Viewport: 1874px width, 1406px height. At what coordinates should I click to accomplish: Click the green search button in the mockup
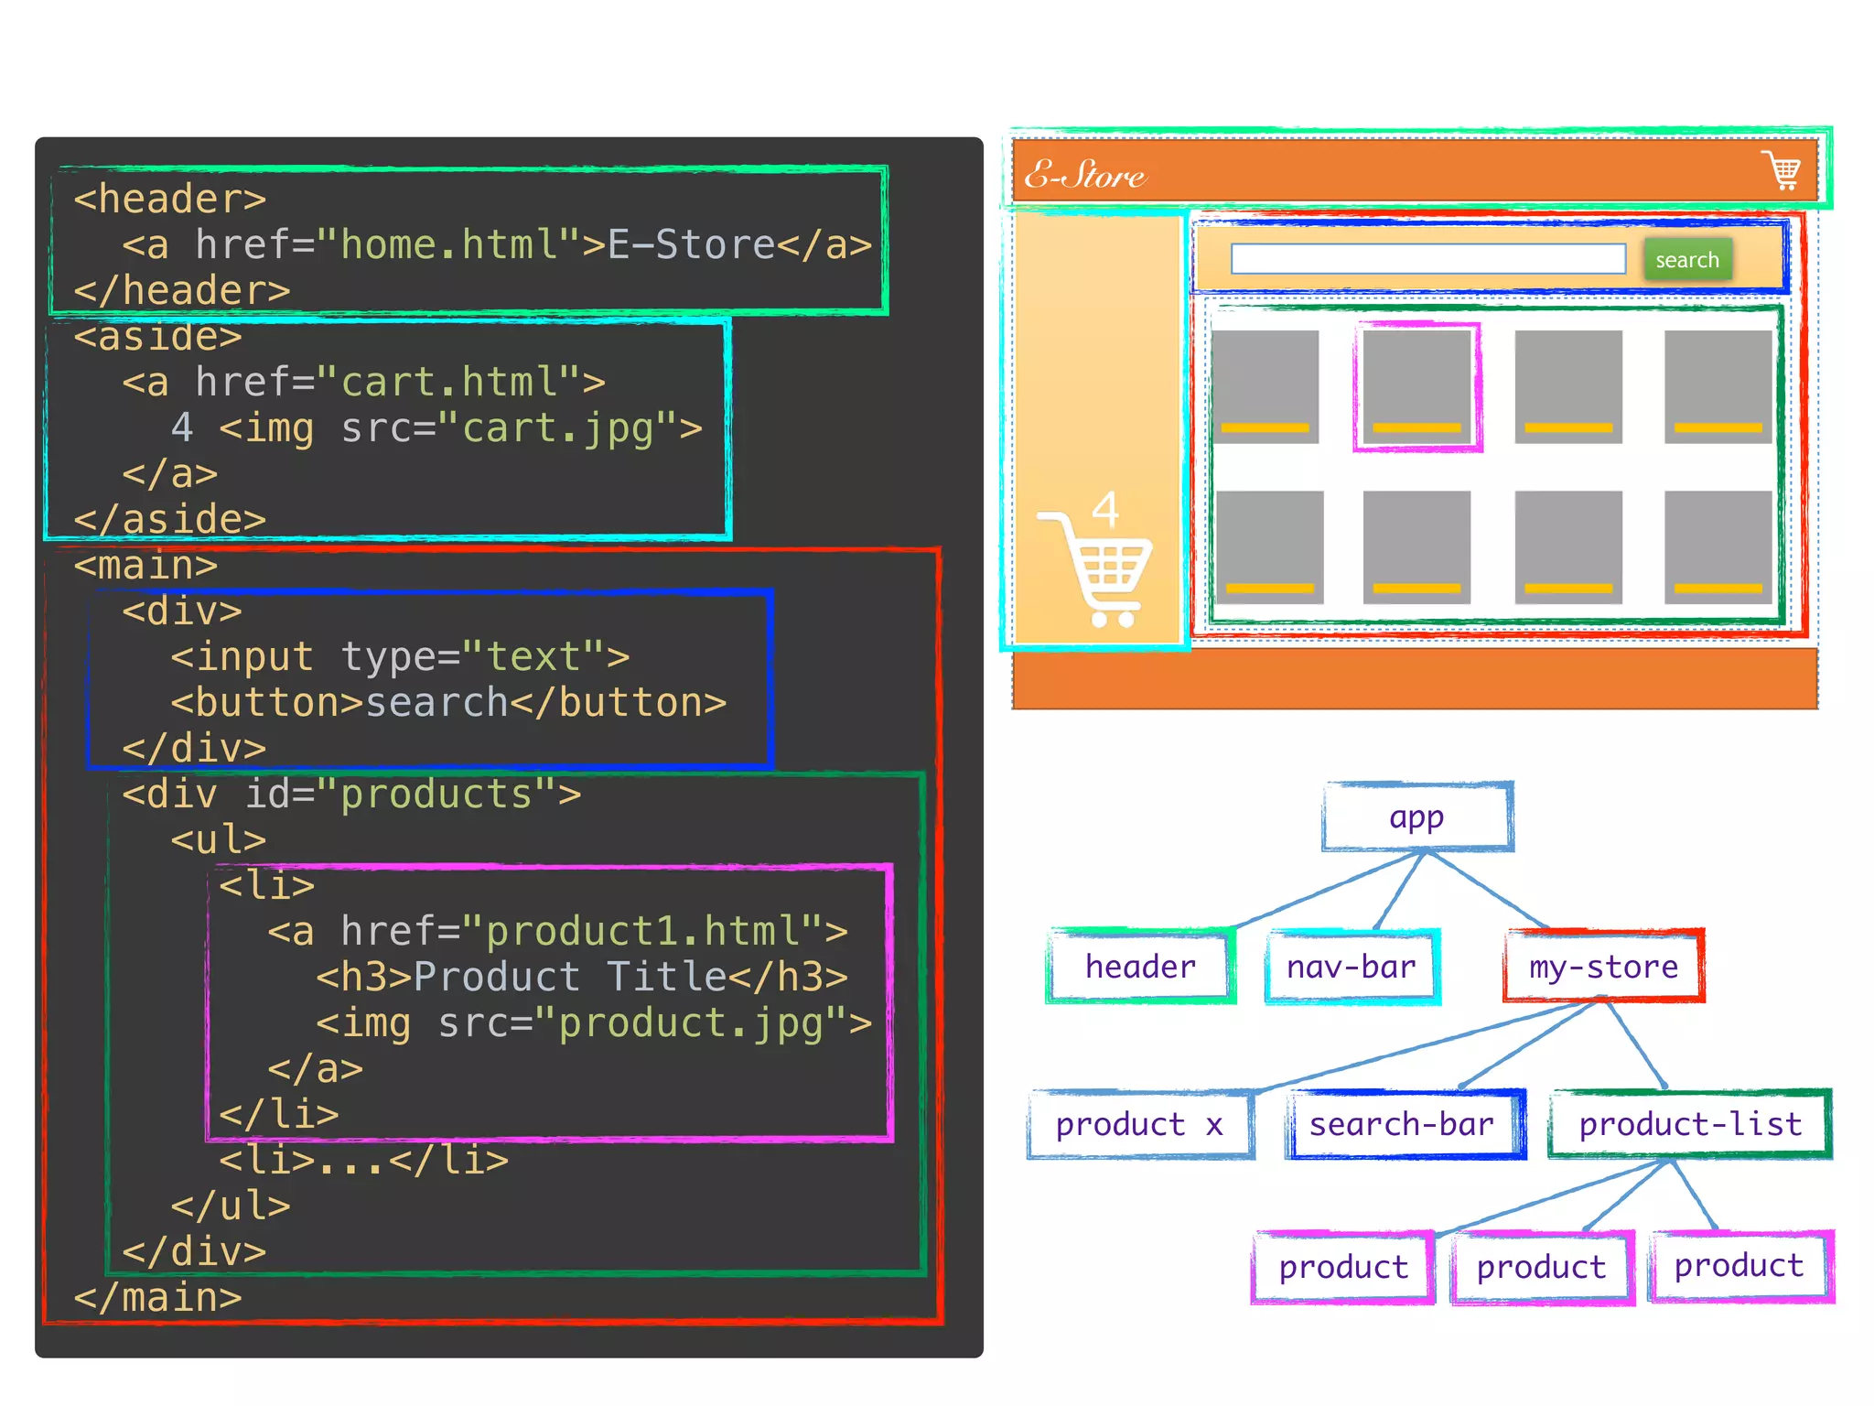point(1686,260)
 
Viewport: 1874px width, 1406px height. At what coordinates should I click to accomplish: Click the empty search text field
point(1427,259)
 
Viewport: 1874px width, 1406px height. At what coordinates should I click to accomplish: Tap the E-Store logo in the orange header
point(1084,174)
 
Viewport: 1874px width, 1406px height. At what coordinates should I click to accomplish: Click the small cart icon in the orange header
point(1782,170)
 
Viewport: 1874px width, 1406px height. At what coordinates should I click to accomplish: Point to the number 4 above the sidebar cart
point(1105,509)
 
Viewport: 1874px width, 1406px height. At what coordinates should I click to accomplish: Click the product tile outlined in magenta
point(1416,387)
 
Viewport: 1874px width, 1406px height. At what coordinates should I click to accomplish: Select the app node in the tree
point(1416,817)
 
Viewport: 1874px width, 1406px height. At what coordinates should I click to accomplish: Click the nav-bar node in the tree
point(1351,967)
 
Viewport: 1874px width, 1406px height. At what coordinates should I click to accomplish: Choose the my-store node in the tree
point(1603,967)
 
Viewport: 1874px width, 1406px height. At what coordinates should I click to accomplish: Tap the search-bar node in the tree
point(1402,1124)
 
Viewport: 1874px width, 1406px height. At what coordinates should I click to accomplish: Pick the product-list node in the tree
point(1690,1124)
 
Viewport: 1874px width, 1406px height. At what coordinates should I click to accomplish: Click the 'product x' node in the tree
point(1139,1124)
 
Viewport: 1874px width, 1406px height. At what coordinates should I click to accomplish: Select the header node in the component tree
point(1140,967)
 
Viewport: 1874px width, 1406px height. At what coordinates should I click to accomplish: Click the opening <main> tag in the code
point(145,566)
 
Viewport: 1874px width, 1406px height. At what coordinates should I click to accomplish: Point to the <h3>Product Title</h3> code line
point(582,978)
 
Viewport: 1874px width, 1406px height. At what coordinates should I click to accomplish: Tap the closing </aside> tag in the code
point(170,520)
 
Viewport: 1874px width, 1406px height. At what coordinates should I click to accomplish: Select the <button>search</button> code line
point(448,703)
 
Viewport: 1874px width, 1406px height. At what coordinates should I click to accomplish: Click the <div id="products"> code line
point(351,795)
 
